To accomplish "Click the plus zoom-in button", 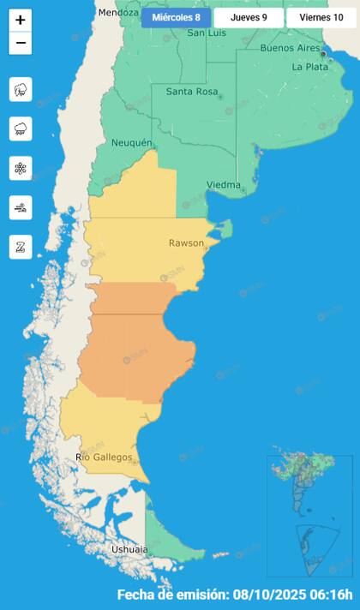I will [21, 20].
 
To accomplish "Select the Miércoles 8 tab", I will [176, 17].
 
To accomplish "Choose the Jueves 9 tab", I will [249, 17].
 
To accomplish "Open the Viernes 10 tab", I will [321, 17].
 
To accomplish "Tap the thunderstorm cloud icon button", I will [21, 89].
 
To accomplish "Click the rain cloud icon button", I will [21, 129].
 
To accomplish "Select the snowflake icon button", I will [21, 168].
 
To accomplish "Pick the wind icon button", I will [21, 207].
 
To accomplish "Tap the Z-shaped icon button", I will [21, 247].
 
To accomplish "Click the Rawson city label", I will [186, 243].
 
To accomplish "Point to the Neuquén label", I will [131, 142].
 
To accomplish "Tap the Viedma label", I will [223, 185].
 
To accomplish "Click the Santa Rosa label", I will [190, 92].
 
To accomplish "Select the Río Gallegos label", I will [105, 457].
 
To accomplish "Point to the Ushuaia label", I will [129, 549].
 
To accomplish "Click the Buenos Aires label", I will [289, 48].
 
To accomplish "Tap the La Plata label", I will [309, 66].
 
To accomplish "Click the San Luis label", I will [206, 33].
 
